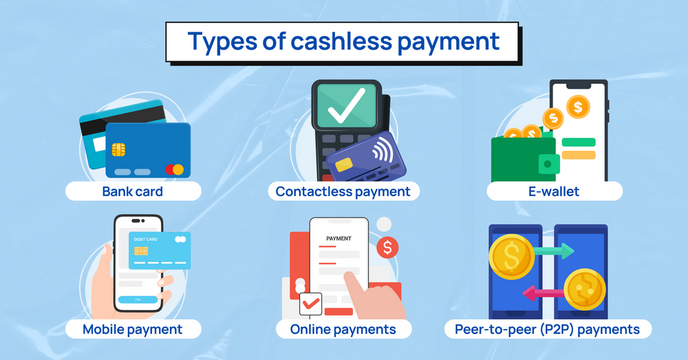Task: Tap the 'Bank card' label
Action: [133, 191]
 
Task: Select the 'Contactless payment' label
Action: [343, 191]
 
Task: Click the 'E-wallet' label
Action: [555, 191]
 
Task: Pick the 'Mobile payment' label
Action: [133, 329]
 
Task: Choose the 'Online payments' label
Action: [343, 329]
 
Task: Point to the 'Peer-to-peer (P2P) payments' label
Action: [548, 329]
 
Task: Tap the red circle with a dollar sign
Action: [387, 247]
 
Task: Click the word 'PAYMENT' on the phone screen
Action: [338, 239]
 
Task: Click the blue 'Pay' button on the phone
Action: [138, 300]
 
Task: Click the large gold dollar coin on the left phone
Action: [511, 257]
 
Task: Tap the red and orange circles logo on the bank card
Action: [175, 169]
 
